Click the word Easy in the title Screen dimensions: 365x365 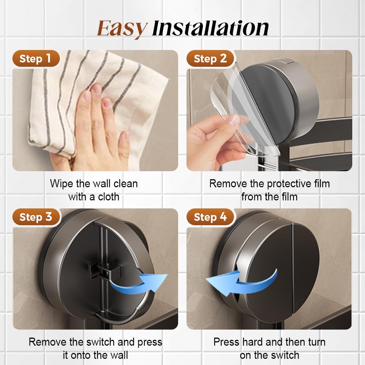(122, 28)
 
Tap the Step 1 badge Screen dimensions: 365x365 (35, 59)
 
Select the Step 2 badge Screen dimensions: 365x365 (210, 59)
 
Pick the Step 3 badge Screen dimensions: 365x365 (35, 217)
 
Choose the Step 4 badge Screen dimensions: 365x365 (210, 217)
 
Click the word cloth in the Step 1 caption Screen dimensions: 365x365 (108, 197)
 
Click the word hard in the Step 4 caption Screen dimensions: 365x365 (252, 342)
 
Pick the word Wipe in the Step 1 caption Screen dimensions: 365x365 (61, 184)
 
